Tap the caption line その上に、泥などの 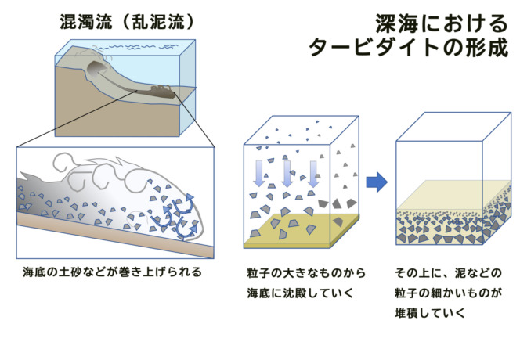(448, 273)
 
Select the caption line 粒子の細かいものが (448, 293)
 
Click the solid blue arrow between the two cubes (377, 183)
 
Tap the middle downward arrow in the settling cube (287, 173)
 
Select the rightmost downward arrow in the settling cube (313, 173)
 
